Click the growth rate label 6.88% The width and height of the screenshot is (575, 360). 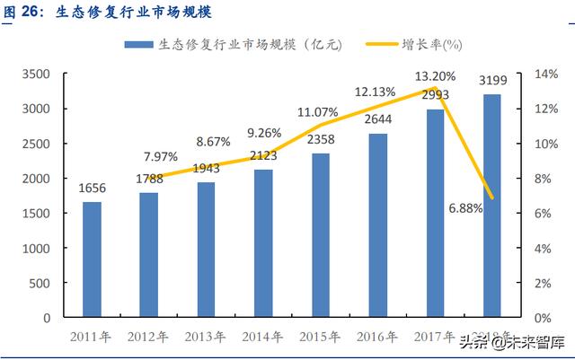tap(464, 208)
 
